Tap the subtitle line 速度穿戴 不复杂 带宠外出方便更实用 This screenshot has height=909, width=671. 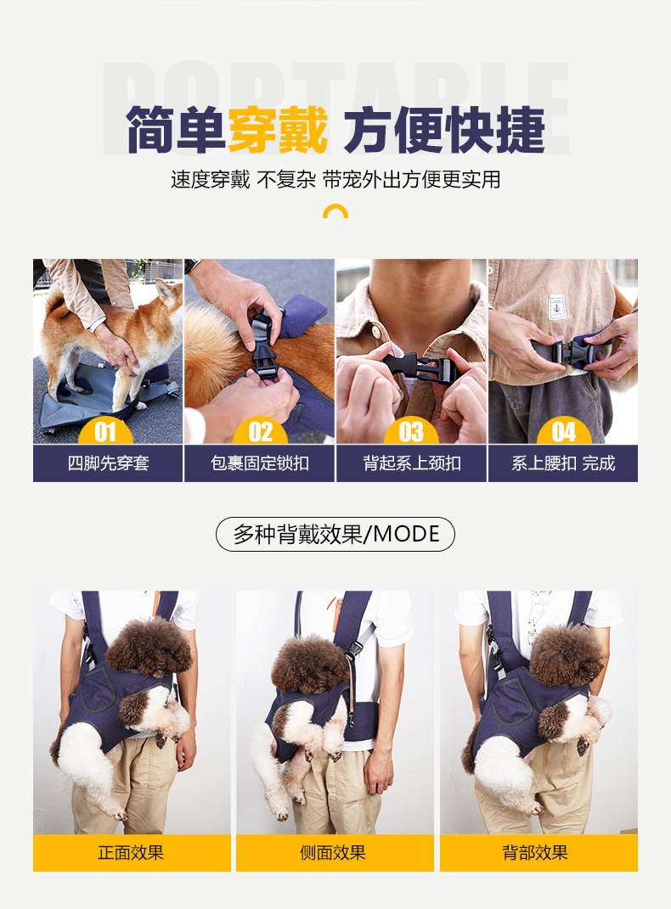pos(335,180)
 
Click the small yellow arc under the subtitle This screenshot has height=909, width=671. pos(335,210)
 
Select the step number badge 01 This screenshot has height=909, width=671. pos(105,431)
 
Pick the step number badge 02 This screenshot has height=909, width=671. pos(261,431)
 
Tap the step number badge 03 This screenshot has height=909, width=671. pos(411,431)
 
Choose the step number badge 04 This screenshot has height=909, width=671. pos(564,431)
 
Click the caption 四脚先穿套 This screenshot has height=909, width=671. pos(109,463)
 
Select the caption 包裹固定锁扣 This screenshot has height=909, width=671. pos(260,463)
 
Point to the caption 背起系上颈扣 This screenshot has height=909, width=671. pos(412,463)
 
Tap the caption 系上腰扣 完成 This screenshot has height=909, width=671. pos(563,463)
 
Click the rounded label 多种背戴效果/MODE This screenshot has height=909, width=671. pos(335,534)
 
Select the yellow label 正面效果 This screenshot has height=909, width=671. pos(132,853)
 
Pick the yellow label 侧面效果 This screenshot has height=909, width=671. pos(335,853)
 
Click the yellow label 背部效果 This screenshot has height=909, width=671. pos(538,853)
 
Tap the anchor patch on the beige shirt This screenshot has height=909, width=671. pos(556,308)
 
